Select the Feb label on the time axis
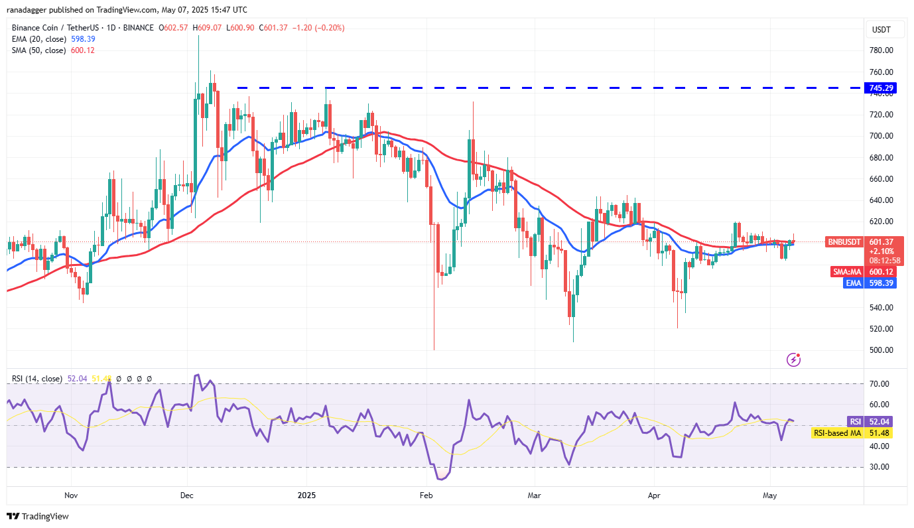coord(426,495)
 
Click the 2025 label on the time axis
coord(306,495)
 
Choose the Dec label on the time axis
coord(188,495)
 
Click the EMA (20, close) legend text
coord(39,39)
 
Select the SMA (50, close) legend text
coord(39,50)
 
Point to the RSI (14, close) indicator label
coord(37,379)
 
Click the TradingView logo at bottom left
coord(38,516)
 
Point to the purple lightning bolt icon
coord(793,360)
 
